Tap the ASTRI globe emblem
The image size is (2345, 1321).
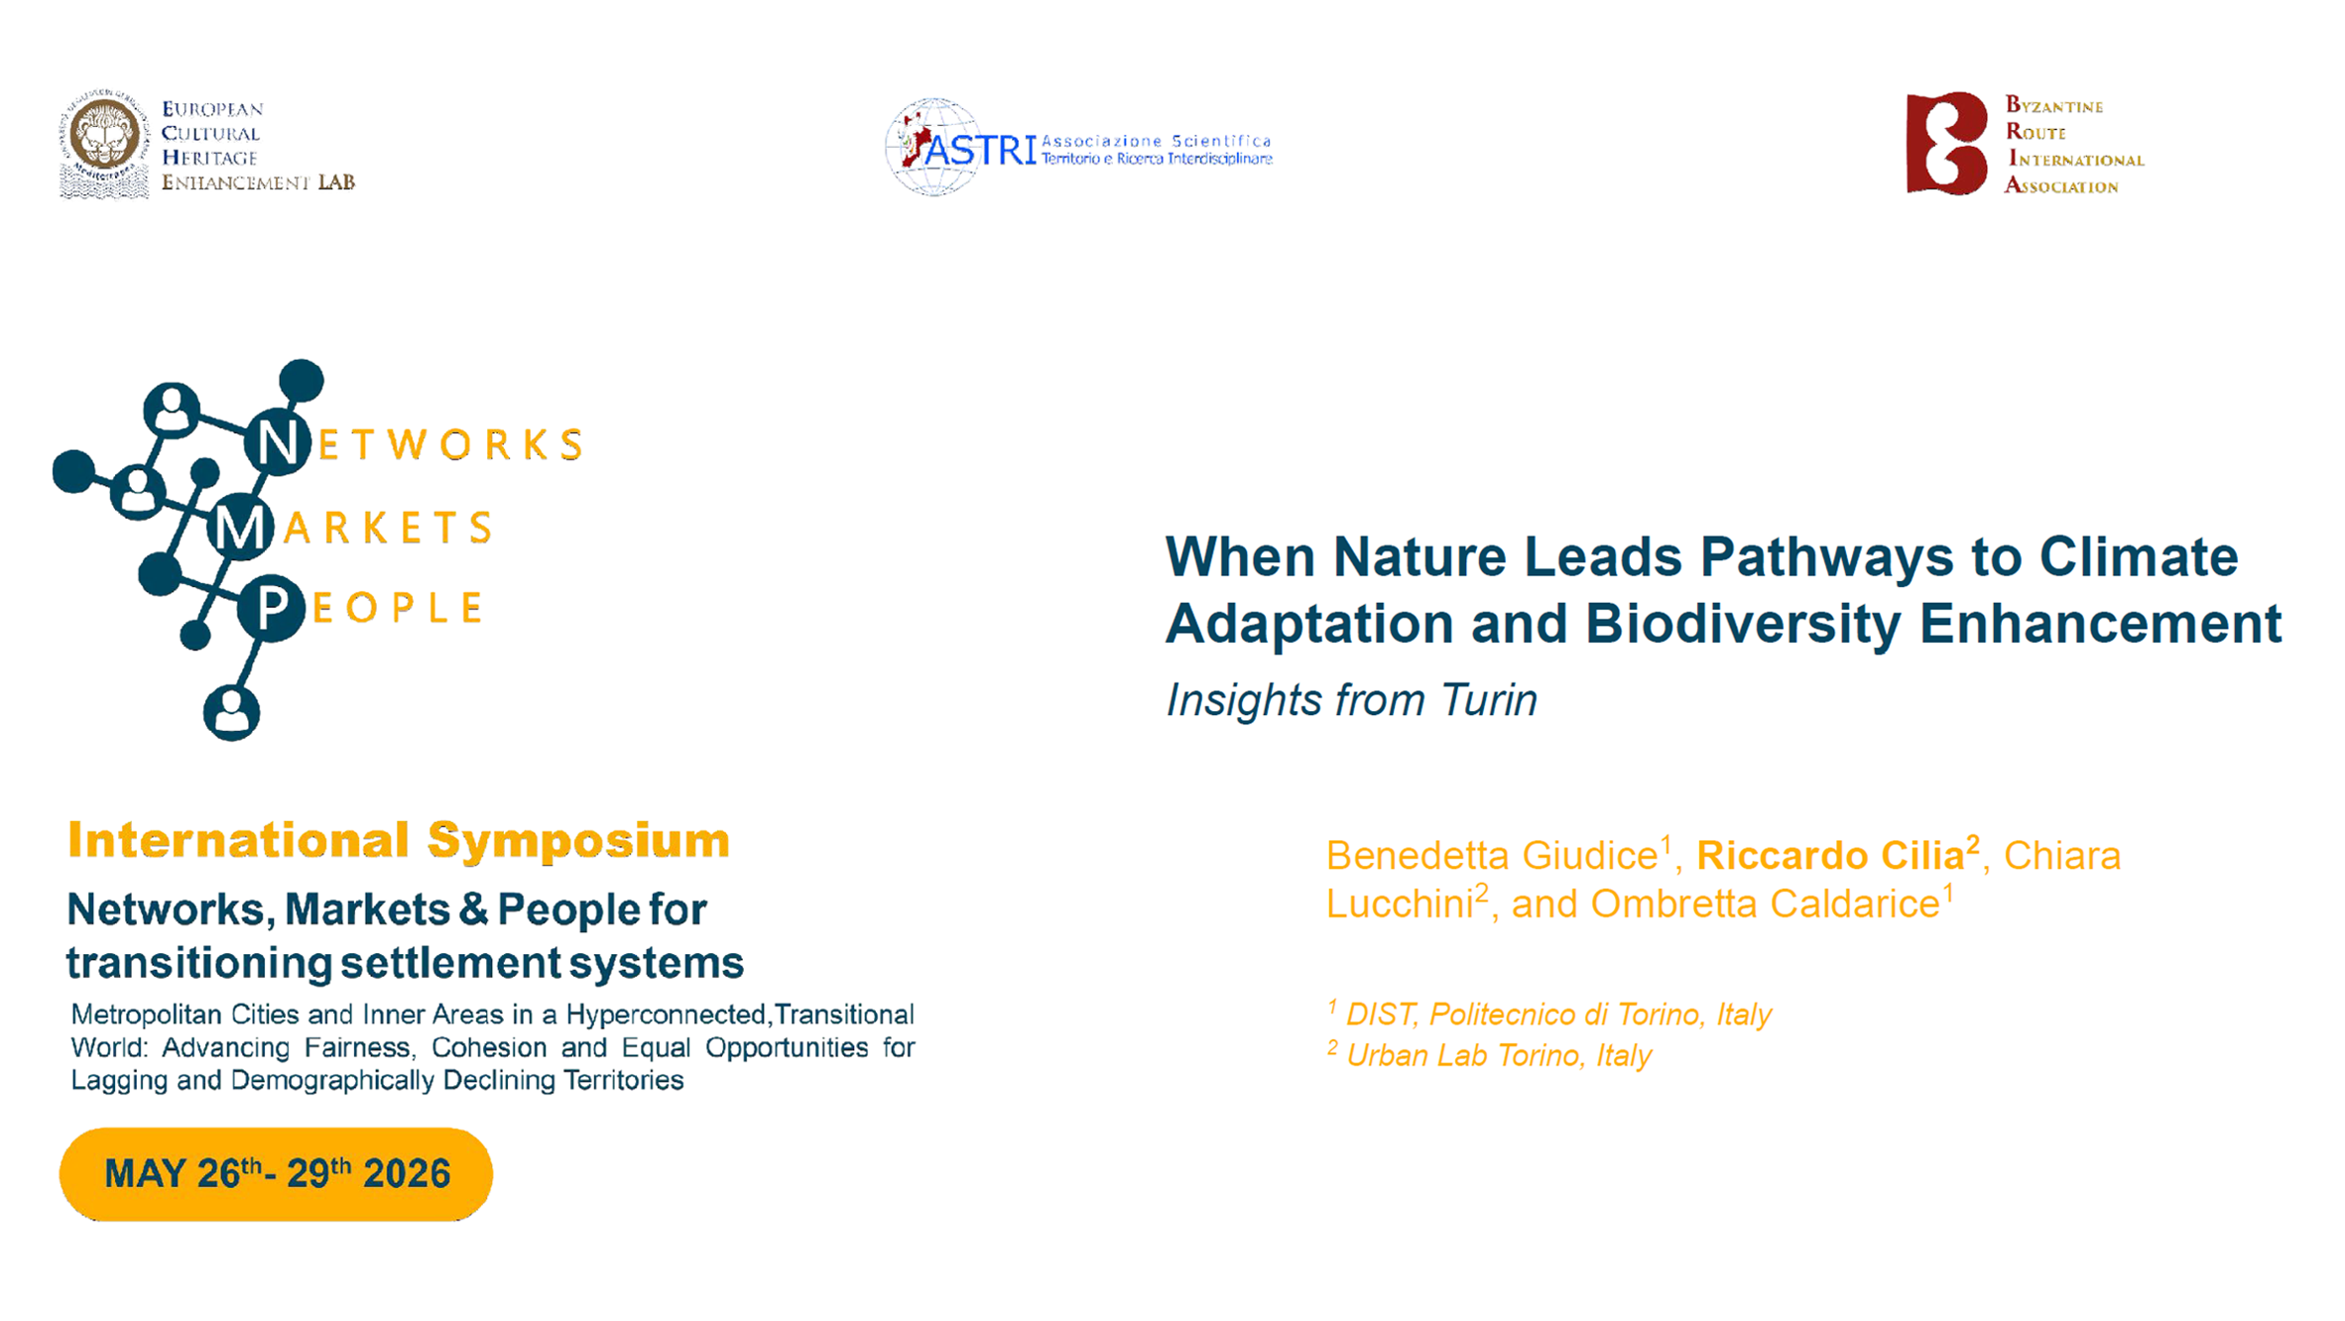click(932, 147)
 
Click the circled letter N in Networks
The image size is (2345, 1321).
click(278, 442)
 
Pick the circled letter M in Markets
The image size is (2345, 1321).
click(240, 527)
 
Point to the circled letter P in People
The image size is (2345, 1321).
click(271, 607)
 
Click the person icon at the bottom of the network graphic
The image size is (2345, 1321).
click(231, 711)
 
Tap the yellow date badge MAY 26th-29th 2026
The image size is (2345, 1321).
click(276, 1173)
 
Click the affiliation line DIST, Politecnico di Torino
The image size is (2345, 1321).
click(1549, 1014)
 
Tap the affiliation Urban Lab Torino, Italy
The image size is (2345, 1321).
click(1490, 1054)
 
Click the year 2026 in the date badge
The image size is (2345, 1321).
click(407, 1173)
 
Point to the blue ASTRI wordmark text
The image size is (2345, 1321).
click(979, 150)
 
